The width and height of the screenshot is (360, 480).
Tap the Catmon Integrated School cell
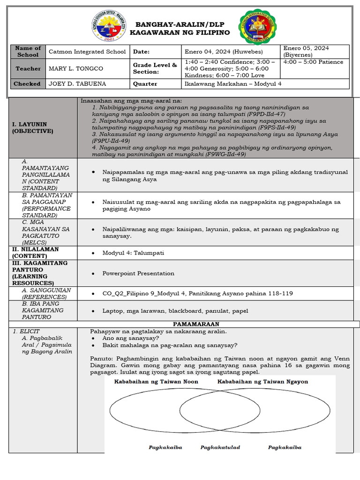(x=87, y=52)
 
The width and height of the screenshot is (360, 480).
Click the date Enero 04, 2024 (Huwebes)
(x=224, y=52)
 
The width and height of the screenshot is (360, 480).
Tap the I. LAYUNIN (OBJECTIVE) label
(x=33, y=127)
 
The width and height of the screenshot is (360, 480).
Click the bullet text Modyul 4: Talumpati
(x=133, y=253)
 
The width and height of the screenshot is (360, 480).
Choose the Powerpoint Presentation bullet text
(x=138, y=273)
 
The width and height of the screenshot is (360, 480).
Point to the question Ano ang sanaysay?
(x=130, y=338)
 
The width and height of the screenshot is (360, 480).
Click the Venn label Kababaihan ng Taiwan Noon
(x=156, y=382)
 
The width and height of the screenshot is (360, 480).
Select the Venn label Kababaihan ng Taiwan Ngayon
(x=262, y=382)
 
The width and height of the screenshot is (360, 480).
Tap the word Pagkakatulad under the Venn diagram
(x=220, y=447)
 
